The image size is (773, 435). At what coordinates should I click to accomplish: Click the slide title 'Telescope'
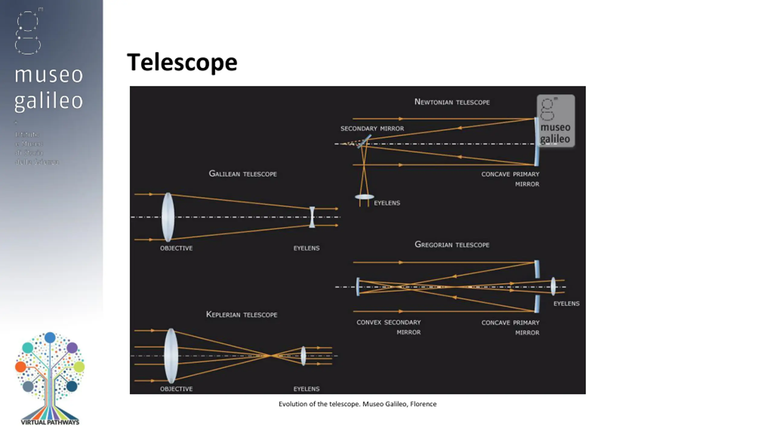pos(182,63)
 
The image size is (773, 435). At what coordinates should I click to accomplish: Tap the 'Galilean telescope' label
pos(243,174)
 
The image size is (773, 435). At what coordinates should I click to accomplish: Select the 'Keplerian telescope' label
pos(242,314)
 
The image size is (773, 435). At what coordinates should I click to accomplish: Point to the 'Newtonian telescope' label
pos(452,102)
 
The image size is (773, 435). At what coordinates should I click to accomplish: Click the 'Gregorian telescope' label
pos(452,244)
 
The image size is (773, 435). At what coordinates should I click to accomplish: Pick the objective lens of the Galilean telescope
pos(168,217)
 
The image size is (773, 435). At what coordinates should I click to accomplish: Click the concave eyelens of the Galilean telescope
pos(312,217)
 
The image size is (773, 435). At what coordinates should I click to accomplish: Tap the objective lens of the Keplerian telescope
pos(171,356)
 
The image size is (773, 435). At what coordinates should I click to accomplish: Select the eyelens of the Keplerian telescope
pos(303,356)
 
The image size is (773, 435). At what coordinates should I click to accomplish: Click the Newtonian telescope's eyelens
pos(364,197)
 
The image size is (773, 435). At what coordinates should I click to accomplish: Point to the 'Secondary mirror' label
pos(372,128)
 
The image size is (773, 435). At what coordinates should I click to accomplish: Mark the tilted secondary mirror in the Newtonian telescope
pos(364,141)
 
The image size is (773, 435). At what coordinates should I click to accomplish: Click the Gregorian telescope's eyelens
pos(553,286)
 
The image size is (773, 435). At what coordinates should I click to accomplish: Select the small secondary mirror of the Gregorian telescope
pos(358,287)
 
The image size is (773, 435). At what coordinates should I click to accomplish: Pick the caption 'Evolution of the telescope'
pos(357,404)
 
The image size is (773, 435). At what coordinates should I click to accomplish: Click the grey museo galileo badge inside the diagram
pos(556,121)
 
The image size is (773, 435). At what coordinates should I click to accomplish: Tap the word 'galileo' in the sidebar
pos(49,101)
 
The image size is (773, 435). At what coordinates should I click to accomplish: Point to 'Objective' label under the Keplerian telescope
pos(176,389)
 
